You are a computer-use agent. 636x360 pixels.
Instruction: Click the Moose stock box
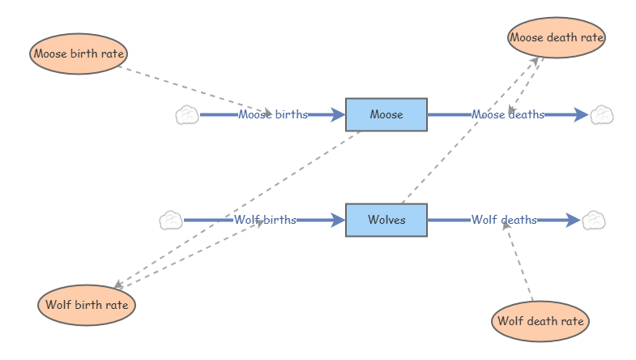pyautogui.click(x=386, y=114)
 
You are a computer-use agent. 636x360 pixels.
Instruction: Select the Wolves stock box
pyautogui.click(x=386, y=220)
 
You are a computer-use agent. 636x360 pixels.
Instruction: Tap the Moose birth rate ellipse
pyautogui.click(x=79, y=54)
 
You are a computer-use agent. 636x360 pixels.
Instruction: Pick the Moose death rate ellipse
pyautogui.click(x=557, y=37)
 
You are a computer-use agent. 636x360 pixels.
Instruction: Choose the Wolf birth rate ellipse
pyautogui.click(x=87, y=305)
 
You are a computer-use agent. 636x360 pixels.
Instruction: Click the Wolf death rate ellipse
pyautogui.click(x=540, y=321)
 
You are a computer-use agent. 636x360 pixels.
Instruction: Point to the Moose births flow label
pyautogui.click(x=273, y=114)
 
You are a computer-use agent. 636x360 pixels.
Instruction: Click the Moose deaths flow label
pyautogui.click(x=508, y=114)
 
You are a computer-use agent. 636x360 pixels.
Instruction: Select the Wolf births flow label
pyautogui.click(x=265, y=220)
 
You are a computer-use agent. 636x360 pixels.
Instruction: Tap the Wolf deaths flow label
pyautogui.click(x=504, y=220)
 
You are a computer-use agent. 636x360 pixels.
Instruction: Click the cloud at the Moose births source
pyautogui.click(x=187, y=115)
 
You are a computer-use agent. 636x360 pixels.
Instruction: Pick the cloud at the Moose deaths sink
pyautogui.click(x=601, y=115)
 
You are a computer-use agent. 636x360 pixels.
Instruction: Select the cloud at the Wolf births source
pyautogui.click(x=171, y=221)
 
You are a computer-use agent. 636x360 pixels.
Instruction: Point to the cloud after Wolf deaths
pyautogui.click(x=593, y=221)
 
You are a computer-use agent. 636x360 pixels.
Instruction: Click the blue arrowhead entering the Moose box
pyautogui.click(x=338, y=114)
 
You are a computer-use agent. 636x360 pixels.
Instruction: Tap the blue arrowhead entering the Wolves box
pyautogui.click(x=338, y=220)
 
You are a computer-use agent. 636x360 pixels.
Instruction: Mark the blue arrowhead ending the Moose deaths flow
pyautogui.click(x=581, y=114)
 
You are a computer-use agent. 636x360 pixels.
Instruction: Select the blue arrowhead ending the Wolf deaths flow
pyautogui.click(x=573, y=220)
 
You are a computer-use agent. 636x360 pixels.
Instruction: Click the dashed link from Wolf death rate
pyautogui.click(x=519, y=261)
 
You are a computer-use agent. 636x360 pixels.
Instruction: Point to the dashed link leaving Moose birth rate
pyautogui.click(x=195, y=90)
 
